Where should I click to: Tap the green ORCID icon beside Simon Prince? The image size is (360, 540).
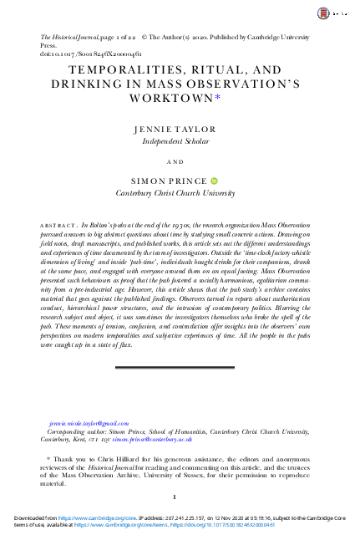(x=212, y=180)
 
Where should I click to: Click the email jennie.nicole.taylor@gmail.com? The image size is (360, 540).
(x=89, y=424)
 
